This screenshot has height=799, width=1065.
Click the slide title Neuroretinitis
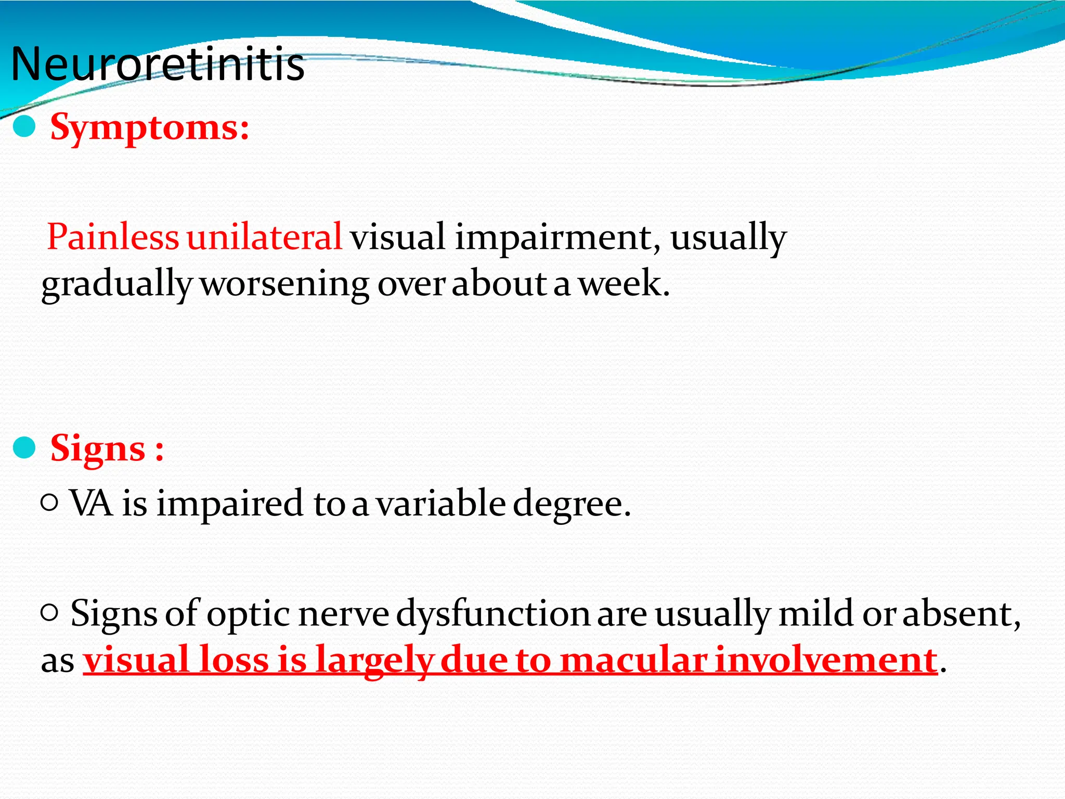coord(158,65)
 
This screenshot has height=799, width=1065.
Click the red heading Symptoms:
coord(150,127)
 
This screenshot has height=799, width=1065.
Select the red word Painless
coord(113,237)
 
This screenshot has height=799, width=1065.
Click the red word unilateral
coord(264,237)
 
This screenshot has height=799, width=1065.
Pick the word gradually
coord(116,285)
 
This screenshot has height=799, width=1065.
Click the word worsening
coord(284,285)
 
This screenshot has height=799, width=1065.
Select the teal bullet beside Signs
coord(24,448)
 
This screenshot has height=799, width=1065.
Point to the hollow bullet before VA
coord(49,502)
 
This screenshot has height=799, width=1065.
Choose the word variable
coord(440,503)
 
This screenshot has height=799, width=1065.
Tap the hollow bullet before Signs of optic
coord(49,613)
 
